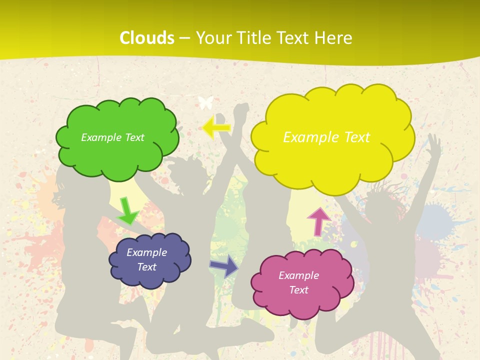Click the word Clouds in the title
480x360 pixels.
(x=147, y=38)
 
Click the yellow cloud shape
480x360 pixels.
(x=332, y=160)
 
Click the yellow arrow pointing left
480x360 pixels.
(x=216, y=127)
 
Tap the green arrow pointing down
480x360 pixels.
(x=127, y=211)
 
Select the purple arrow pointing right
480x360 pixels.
(x=224, y=265)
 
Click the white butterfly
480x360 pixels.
(x=205, y=102)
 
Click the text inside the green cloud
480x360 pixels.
(x=112, y=137)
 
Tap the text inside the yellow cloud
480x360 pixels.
(x=326, y=137)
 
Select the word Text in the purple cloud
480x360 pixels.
(x=146, y=267)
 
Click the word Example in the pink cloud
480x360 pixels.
(x=298, y=275)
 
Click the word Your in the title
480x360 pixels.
(x=211, y=38)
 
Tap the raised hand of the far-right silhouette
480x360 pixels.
(x=434, y=142)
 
